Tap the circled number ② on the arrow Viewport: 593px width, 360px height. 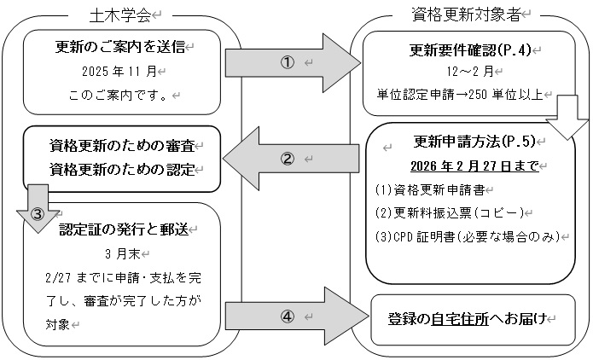pyautogui.click(x=287, y=159)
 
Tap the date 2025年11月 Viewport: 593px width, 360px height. pyautogui.click(x=120, y=70)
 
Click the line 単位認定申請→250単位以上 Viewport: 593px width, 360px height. pyautogui.click(x=461, y=94)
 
